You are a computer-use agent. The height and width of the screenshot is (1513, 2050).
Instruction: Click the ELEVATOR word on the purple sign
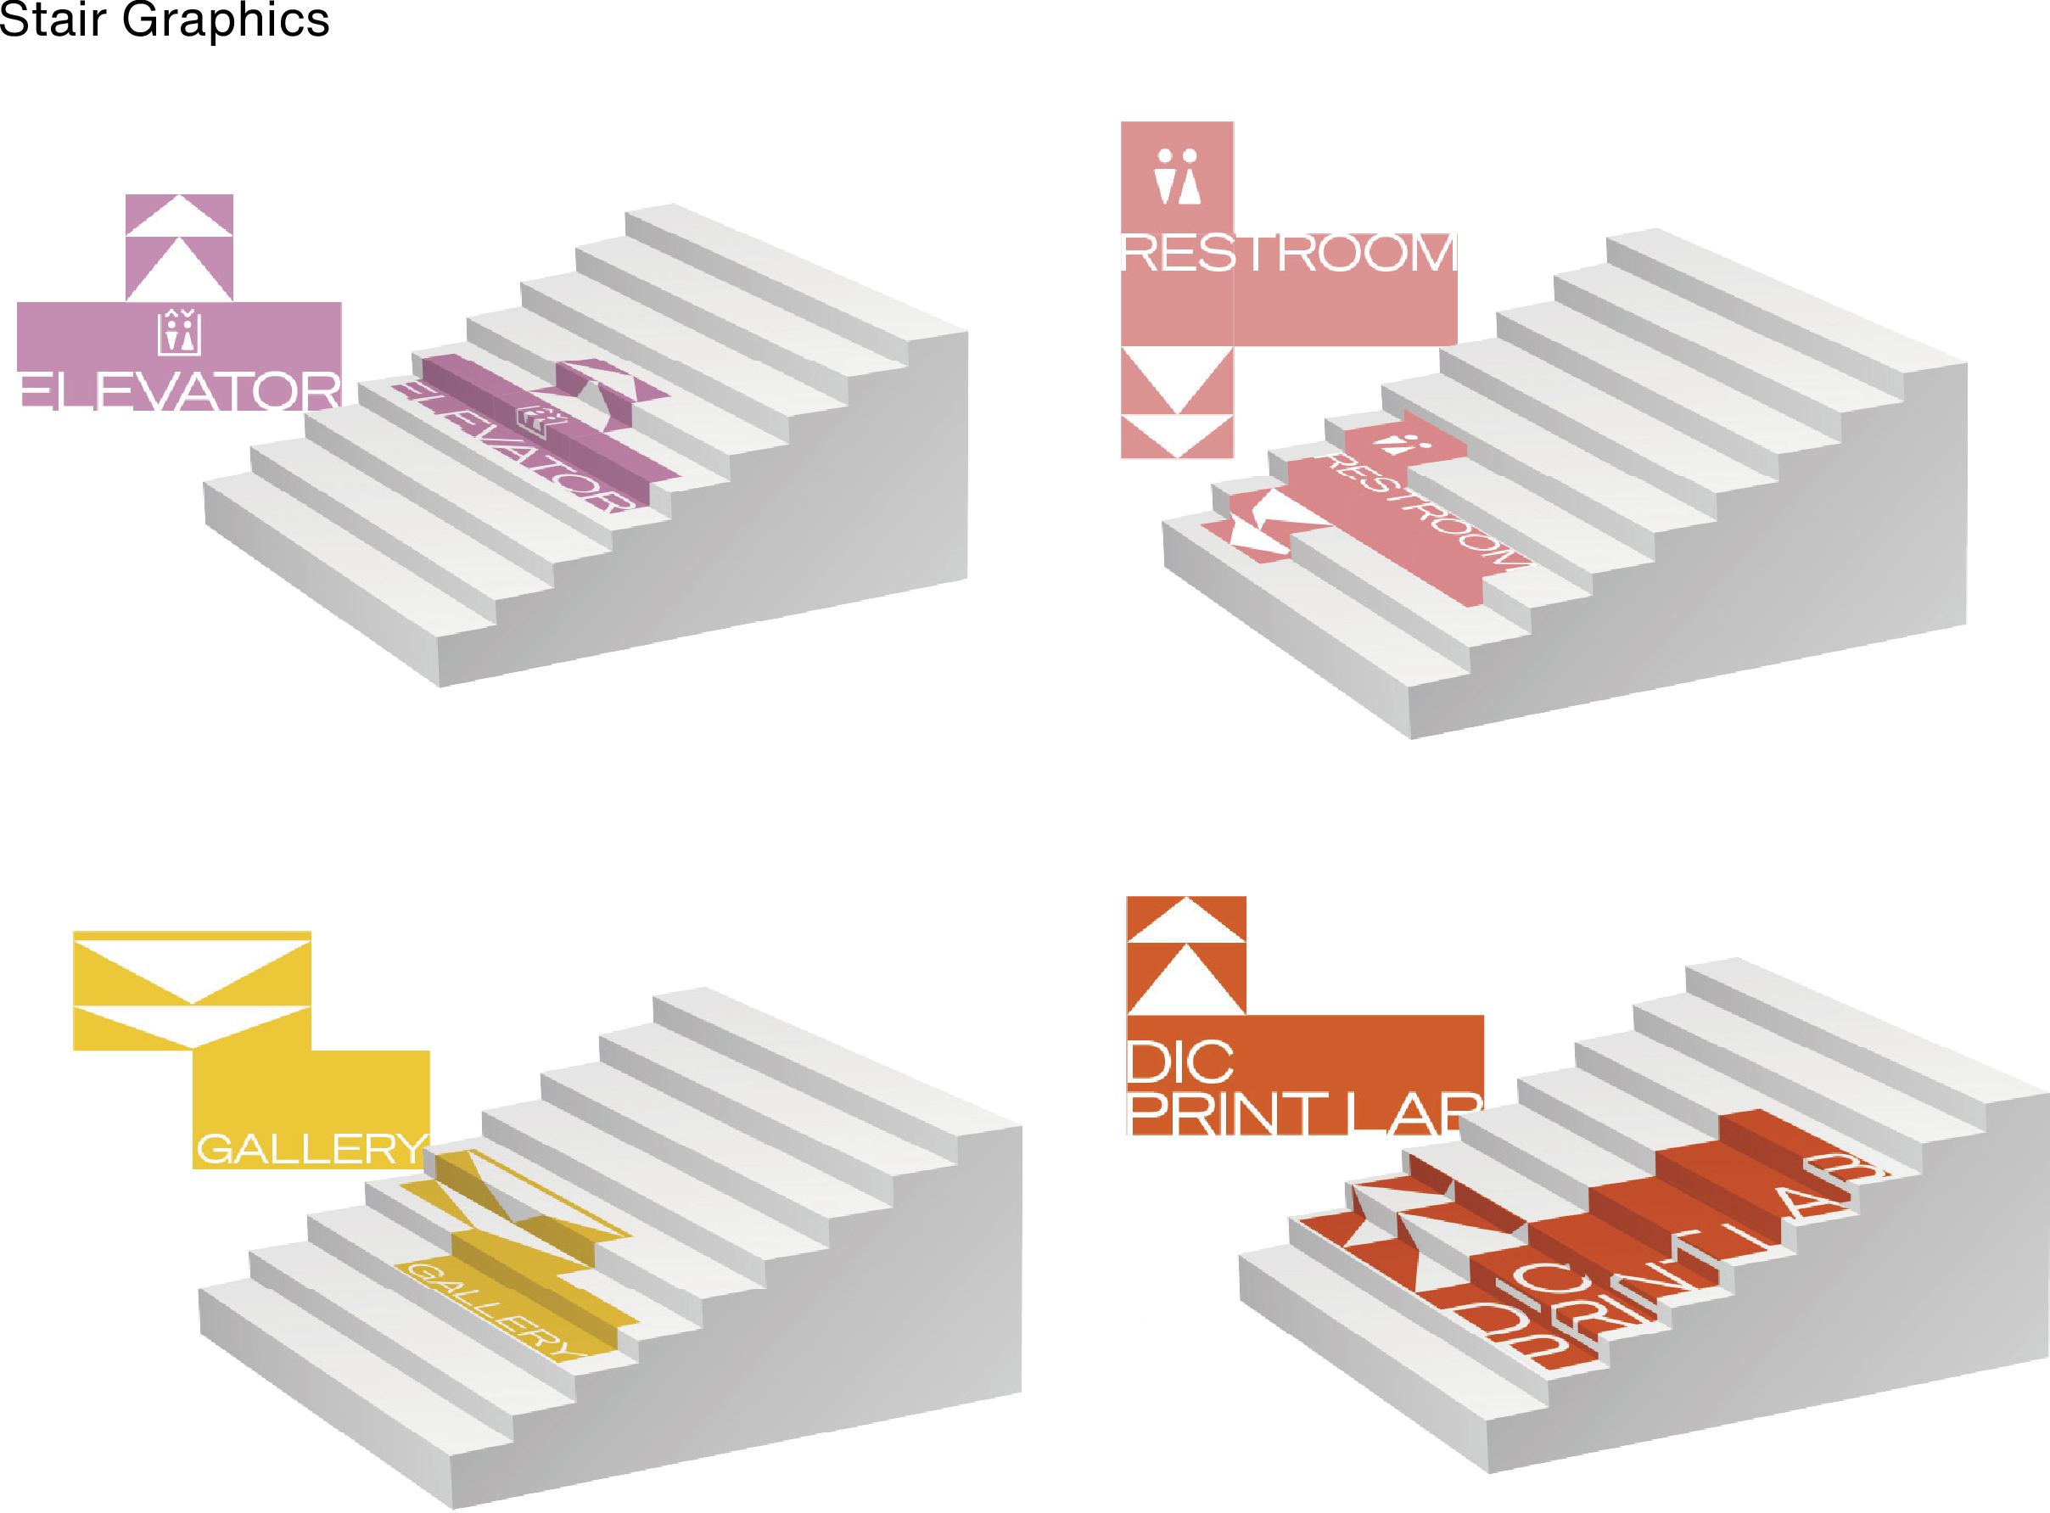[179, 391]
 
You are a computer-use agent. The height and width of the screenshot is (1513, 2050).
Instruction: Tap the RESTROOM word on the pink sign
[1289, 253]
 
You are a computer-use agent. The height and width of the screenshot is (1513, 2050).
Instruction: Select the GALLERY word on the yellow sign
[312, 1147]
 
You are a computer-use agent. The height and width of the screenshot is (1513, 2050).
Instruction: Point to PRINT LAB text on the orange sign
[1300, 1116]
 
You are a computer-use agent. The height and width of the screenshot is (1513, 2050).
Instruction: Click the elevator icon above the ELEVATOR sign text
[179, 333]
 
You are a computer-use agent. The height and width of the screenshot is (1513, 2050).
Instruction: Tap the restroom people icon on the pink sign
[1178, 177]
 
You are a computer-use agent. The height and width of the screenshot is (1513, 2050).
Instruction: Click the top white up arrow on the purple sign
[179, 217]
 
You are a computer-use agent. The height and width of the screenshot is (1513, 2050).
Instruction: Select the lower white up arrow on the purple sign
[179, 271]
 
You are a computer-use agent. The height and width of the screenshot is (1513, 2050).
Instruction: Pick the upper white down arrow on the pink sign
[1178, 376]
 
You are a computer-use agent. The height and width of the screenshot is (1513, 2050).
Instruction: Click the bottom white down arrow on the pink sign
[1178, 434]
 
